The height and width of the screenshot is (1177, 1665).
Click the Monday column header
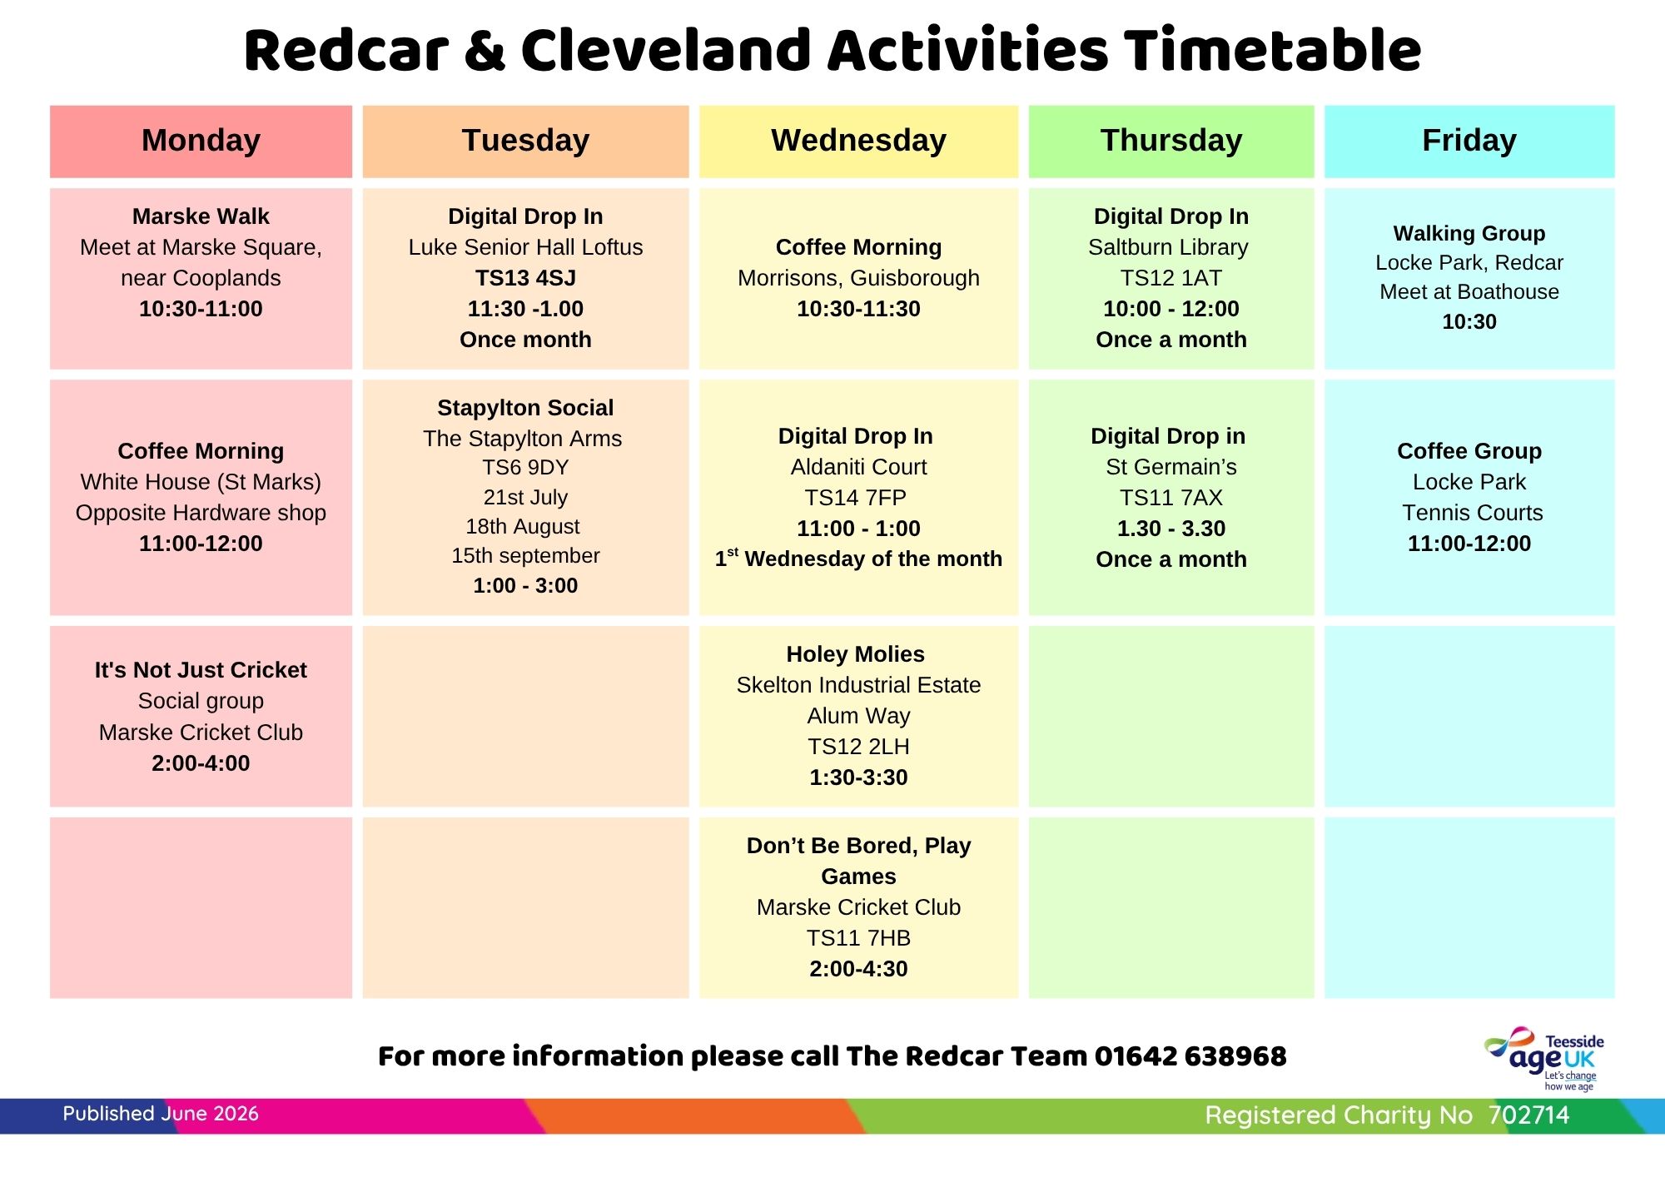tap(201, 141)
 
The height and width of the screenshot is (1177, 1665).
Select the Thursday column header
tap(1171, 141)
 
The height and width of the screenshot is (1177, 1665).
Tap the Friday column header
tap(1469, 141)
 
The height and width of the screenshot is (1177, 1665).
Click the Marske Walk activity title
tap(201, 216)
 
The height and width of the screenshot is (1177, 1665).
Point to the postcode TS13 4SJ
tap(525, 278)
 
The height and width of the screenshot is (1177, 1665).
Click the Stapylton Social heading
tap(525, 408)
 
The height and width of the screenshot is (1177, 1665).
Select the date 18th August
tap(523, 527)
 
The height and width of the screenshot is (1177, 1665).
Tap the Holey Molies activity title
tap(856, 654)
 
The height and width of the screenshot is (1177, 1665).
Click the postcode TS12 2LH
tap(858, 747)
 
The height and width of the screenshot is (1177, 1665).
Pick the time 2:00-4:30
tap(858, 969)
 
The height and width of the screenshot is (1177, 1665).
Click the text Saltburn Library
tap(1168, 247)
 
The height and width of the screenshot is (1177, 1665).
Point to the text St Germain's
tap(1171, 467)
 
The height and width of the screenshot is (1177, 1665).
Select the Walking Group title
tap(1469, 233)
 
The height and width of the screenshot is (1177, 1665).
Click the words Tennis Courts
tap(1472, 513)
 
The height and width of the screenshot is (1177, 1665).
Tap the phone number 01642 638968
tap(1190, 1056)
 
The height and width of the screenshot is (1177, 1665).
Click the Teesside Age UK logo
tap(1543, 1058)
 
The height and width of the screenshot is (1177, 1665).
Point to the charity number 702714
tap(1528, 1115)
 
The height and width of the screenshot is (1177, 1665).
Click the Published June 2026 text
tap(161, 1114)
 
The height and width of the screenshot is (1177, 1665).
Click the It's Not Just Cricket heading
tap(201, 670)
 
